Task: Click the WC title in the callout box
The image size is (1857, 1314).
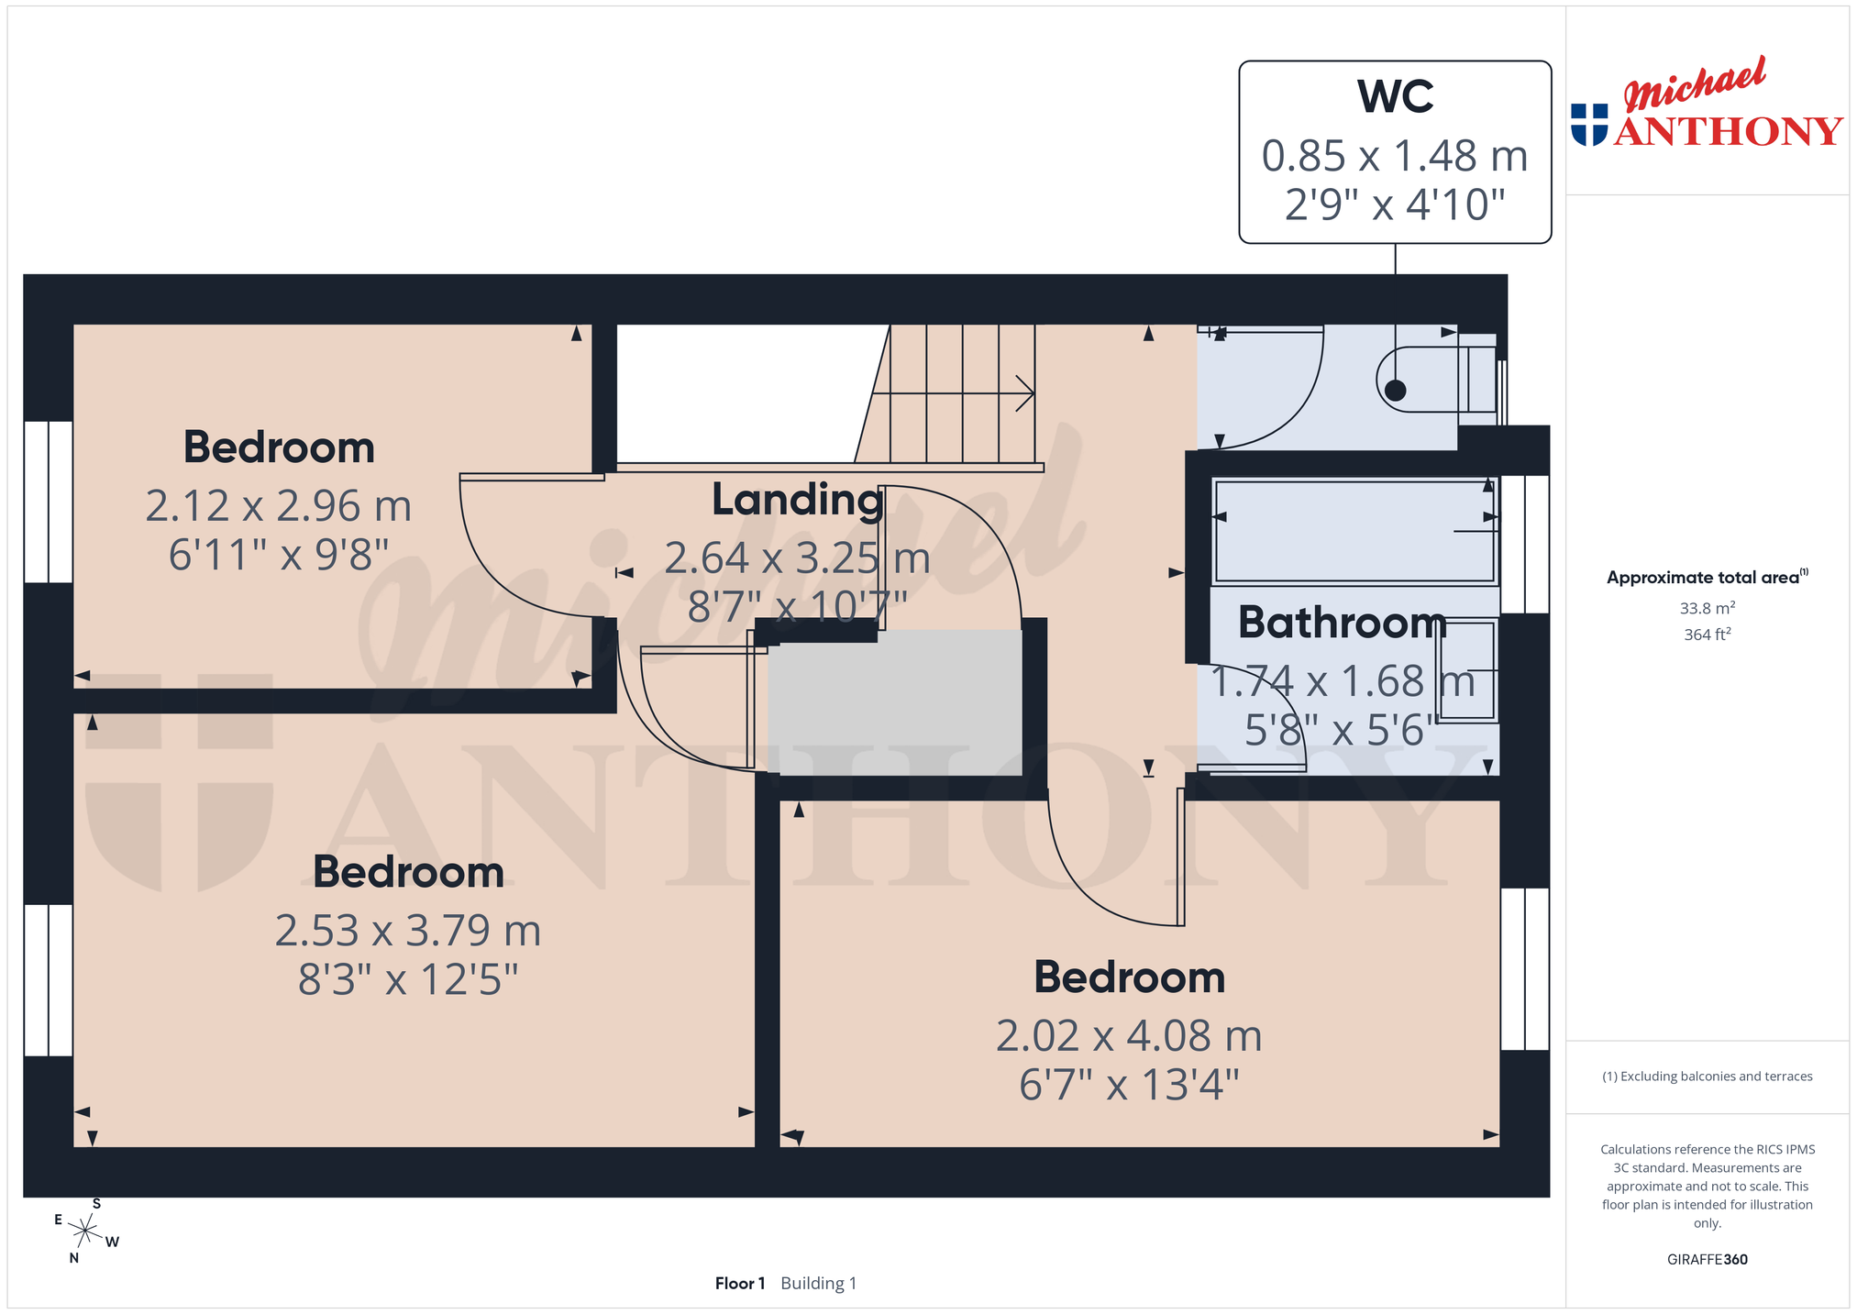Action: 1395,96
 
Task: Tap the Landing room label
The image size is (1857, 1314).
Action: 798,501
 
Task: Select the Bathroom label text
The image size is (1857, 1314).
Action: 1343,623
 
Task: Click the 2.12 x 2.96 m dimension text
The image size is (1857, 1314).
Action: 279,506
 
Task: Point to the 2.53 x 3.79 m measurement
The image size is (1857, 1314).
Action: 408,931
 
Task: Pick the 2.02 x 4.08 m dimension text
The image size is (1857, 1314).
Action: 1129,1036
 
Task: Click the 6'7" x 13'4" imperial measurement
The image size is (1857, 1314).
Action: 1129,1086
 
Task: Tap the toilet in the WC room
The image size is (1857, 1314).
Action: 1436,379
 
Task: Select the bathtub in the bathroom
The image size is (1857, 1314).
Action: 1354,531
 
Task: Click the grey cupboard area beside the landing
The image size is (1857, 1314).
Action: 895,702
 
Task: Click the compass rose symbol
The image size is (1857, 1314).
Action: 85,1231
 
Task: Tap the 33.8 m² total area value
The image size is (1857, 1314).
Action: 1707,608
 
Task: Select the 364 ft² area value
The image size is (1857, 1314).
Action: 1707,634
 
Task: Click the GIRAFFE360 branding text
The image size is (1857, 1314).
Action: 1707,1259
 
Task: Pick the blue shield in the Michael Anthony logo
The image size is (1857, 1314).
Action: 1589,125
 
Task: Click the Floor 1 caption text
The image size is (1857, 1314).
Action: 739,1283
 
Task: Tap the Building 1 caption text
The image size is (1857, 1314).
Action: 818,1283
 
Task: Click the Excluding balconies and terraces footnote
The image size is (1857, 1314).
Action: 1707,1077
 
